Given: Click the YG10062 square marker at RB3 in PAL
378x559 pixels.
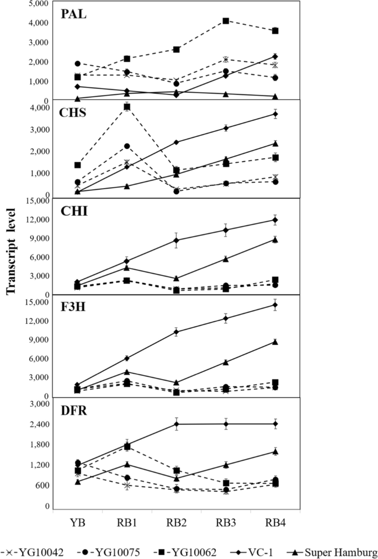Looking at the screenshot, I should [x=226, y=21].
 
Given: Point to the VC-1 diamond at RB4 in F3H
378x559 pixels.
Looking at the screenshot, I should [x=275, y=305].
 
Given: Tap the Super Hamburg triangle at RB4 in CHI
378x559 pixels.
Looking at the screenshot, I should [x=275, y=239].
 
